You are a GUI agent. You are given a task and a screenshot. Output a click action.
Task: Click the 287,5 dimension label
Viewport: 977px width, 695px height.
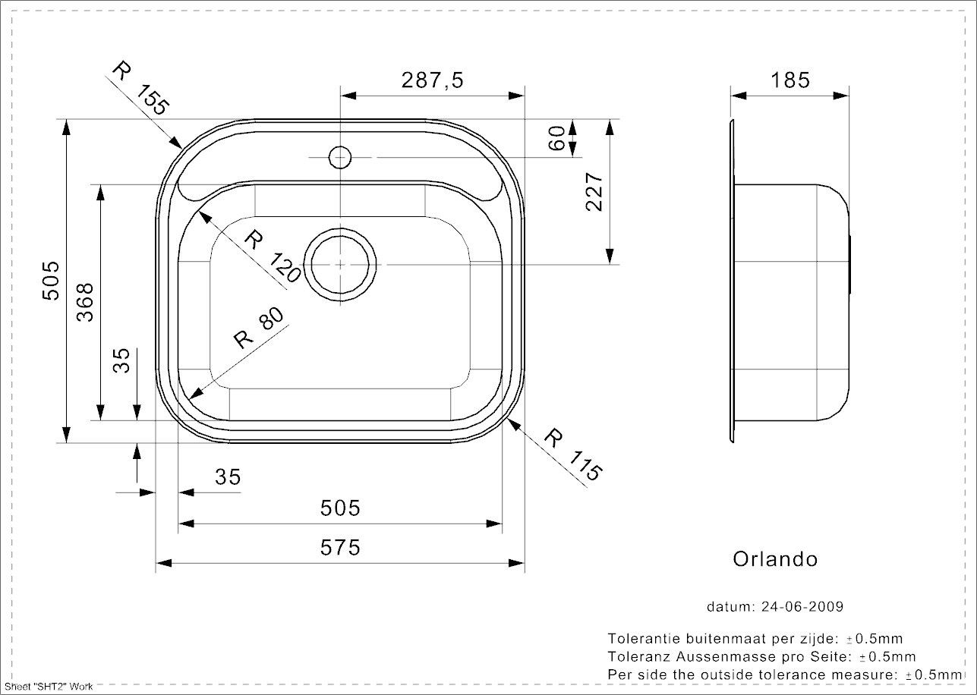432,80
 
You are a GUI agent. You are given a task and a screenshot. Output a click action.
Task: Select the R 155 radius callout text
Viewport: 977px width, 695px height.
140,89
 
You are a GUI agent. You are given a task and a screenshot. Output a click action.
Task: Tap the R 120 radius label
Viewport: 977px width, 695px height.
272,256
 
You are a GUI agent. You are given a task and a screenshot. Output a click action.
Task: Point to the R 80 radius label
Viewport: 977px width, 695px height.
259,328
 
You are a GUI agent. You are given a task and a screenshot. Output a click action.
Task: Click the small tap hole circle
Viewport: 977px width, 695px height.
340,157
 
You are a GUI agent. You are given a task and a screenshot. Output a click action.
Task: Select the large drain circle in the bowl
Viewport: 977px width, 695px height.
340,265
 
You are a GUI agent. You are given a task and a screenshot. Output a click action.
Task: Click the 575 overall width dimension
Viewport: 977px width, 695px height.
340,547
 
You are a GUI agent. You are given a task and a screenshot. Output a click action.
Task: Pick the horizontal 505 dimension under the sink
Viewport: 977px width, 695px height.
340,508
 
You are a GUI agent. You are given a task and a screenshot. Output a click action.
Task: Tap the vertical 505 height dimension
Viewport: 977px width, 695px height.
51,281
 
